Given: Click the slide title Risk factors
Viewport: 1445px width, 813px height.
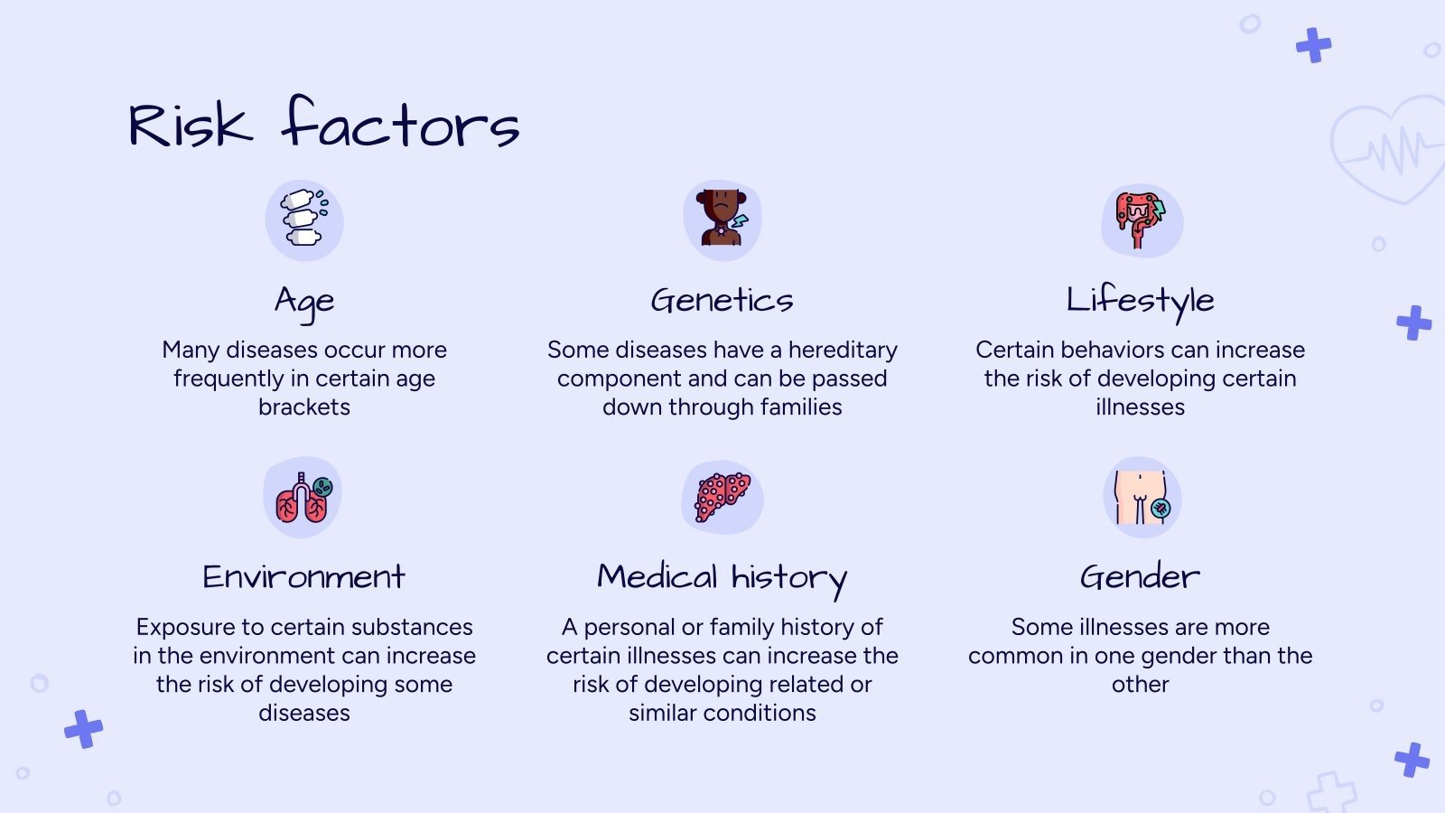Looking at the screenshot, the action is (324, 123).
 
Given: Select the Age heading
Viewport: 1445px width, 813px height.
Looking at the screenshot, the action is (304, 303).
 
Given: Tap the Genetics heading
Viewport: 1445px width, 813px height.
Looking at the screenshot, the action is (722, 300).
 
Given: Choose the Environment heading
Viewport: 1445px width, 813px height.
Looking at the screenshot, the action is (303, 576).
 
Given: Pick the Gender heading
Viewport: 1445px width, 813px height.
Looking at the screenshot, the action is (1140, 576).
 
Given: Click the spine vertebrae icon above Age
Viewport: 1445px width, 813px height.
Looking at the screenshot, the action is (303, 218).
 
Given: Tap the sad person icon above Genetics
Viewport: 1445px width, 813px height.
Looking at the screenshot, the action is (722, 218).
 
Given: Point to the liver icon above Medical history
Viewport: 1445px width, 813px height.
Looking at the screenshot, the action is (722, 497).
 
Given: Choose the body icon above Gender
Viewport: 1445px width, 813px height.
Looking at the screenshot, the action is (1142, 497).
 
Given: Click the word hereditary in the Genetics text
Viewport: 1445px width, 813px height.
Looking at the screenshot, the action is (843, 350).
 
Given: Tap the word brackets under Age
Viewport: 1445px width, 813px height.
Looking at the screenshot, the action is (303, 407).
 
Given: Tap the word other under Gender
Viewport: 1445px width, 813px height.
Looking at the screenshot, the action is (1140, 685).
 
